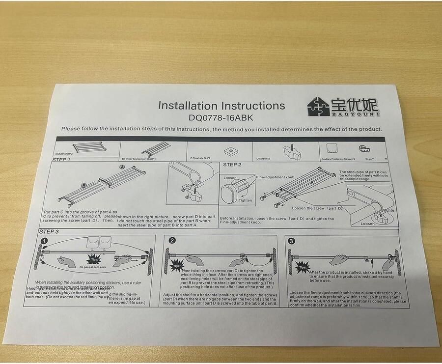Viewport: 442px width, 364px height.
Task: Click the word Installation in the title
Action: pyautogui.click(x=188, y=106)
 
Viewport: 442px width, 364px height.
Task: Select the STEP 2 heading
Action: pyautogui.click(x=232, y=165)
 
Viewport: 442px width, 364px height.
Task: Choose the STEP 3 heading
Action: pyautogui.click(x=49, y=231)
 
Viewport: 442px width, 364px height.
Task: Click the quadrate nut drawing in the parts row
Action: pyautogui.click(x=227, y=150)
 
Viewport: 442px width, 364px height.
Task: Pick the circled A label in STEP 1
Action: pyautogui.click(x=122, y=168)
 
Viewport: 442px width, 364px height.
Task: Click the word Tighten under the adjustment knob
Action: pyautogui.click(x=246, y=200)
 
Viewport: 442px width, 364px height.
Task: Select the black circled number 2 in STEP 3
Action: pyautogui.click(x=172, y=241)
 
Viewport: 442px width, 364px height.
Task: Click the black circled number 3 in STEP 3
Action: pyautogui.click(x=292, y=241)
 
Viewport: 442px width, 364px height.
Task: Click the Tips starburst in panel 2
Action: pyautogui.click(x=176, y=266)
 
